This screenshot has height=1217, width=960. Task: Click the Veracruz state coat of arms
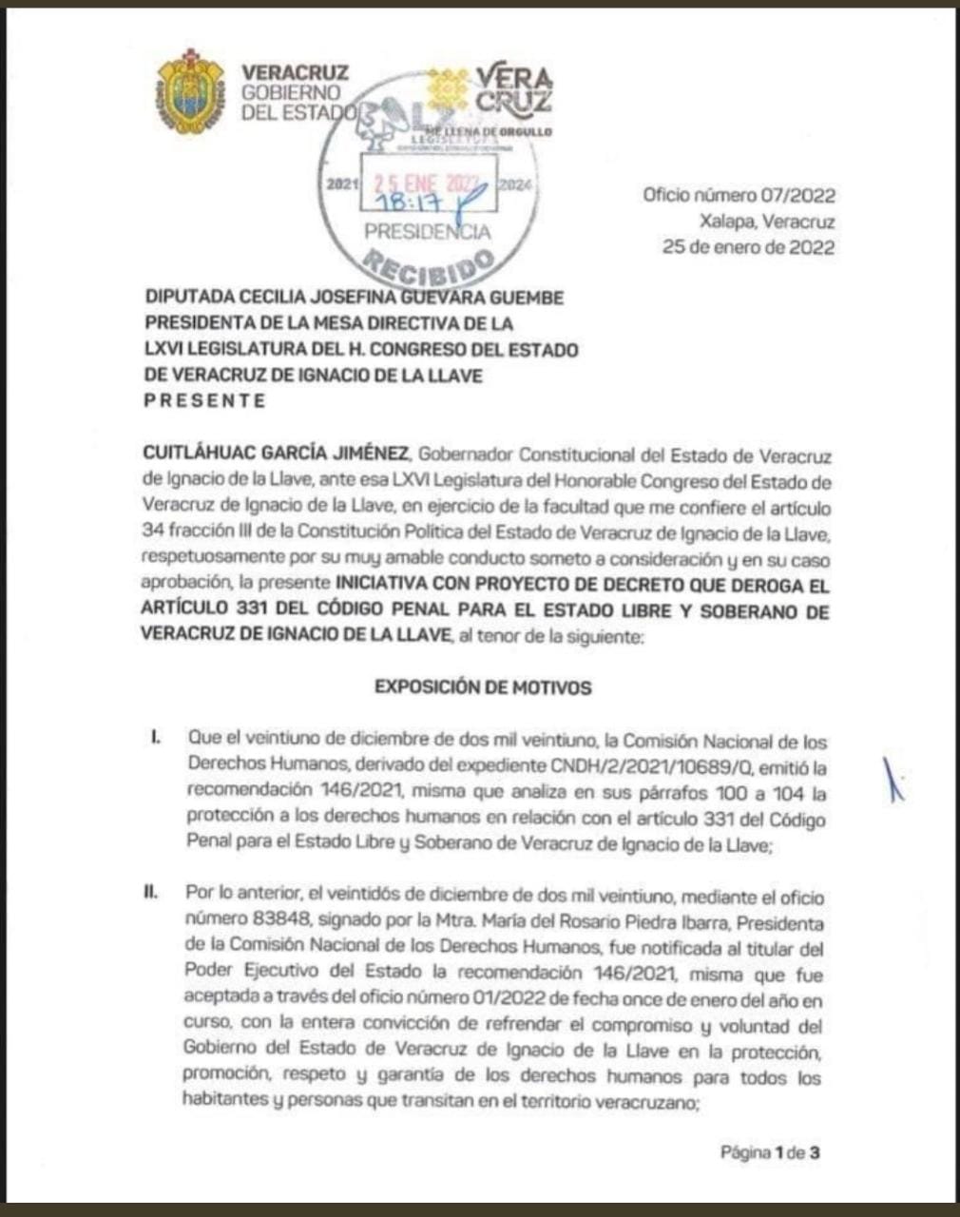pyautogui.click(x=190, y=92)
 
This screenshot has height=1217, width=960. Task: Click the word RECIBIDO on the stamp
pyautogui.click(x=431, y=266)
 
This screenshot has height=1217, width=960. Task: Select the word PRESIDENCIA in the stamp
pyautogui.click(x=428, y=231)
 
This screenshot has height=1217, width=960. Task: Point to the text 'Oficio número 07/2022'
pyautogui.click(x=739, y=196)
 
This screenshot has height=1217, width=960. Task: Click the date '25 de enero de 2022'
pyautogui.click(x=749, y=247)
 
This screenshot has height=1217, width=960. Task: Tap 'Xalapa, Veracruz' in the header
pyautogui.click(x=765, y=222)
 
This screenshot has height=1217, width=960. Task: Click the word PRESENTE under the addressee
pyautogui.click(x=204, y=400)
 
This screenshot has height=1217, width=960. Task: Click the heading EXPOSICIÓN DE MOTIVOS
pyautogui.click(x=483, y=686)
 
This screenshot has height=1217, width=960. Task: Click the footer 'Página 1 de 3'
pyautogui.click(x=770, y=1152)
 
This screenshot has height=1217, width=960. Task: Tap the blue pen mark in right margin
pyautogui.click(x=893, y=780)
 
